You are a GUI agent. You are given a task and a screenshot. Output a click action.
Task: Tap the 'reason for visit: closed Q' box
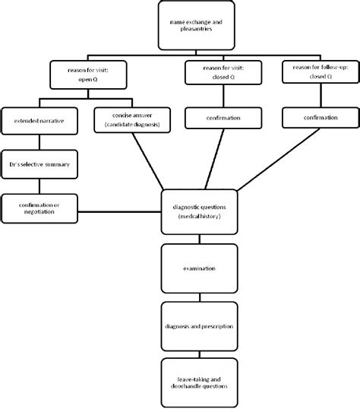[223, 74]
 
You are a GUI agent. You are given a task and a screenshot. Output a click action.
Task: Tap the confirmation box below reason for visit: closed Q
[223, 118]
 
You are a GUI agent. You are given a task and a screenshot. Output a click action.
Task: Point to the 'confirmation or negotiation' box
[40, 208]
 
